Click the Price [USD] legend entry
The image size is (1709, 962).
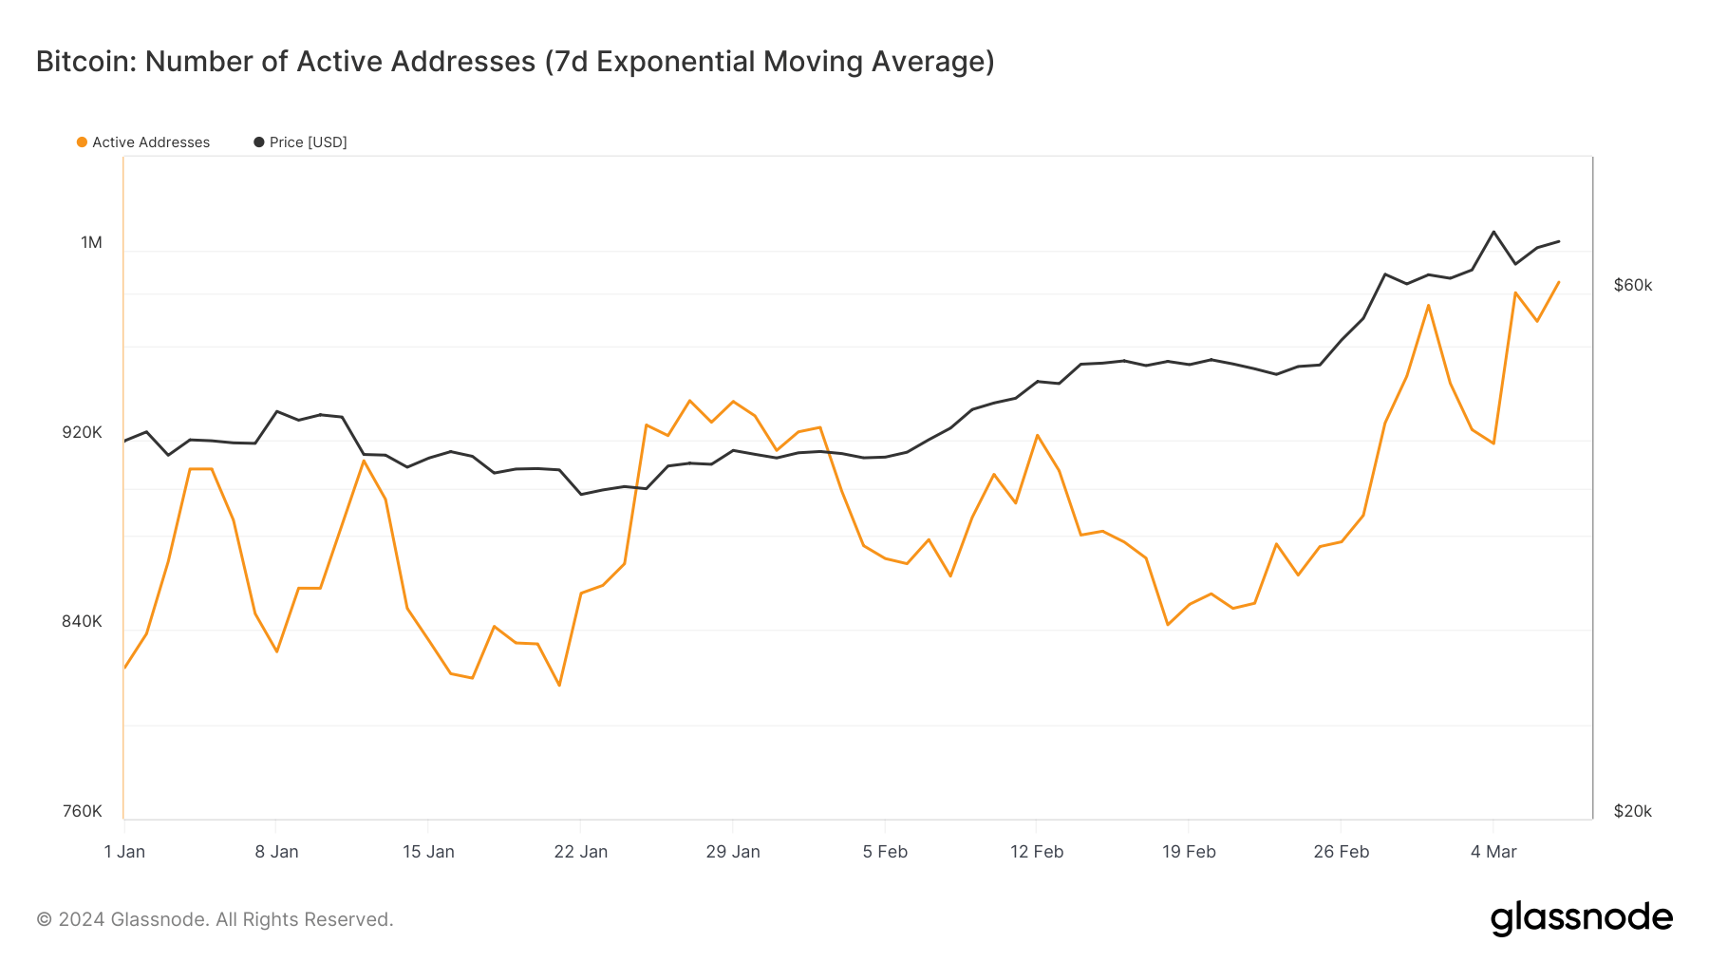pyautogui.click(x=301, y=142)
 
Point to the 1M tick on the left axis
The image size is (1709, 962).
pyautogui.click(x=91, y=243)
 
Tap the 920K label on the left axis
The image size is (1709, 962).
pyautogui.click(x=83, y=433)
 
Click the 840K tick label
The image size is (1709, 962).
pyautogui.click(x=83, y=622)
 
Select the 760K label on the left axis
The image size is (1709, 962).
pyautogui.click(x=83, y=811)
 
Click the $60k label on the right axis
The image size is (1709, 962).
pyautogui.click(x=1633, y=286)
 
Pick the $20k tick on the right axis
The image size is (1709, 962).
pyautogui.click(x=1633, y=811)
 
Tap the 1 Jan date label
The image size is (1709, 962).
pyautogui.click(x=124, y=852)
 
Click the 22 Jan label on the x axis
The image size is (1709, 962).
pyautogui.click(x=580, y=852)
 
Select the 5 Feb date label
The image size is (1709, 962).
pyautogui.click(x=885, y=852)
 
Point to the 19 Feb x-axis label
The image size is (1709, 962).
pyautogui.click(x=1189, y=852)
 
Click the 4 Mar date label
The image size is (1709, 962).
pyautogui.click(x=1493, y=852)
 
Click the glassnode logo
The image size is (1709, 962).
pyautogui.click(x=1581, y=918)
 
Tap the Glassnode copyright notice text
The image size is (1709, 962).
pyautogui.click(x=215, y=919)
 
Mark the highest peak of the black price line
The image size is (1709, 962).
pyautogui.click(x=1493, y=232)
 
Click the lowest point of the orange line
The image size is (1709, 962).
pyautogui.click(x=559, y=686)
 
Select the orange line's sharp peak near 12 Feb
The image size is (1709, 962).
pyautogui.click(x=1038, y=435)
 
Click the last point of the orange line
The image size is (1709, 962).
pyautogui.click(x=1558, y=282)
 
